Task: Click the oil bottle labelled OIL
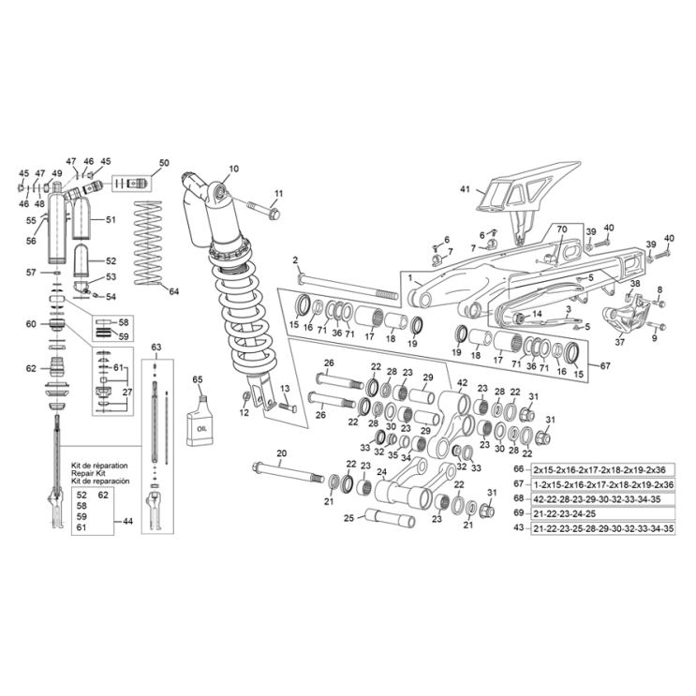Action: point(200,419)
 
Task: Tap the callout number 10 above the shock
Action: point(233,170)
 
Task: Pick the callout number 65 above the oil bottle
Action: point(197,379)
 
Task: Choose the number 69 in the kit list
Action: point(519,513)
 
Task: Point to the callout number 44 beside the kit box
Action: point(127,521)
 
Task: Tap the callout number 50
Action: point(164,164)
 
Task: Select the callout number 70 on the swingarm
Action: point(562,230)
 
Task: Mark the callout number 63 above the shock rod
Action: point(156,348)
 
